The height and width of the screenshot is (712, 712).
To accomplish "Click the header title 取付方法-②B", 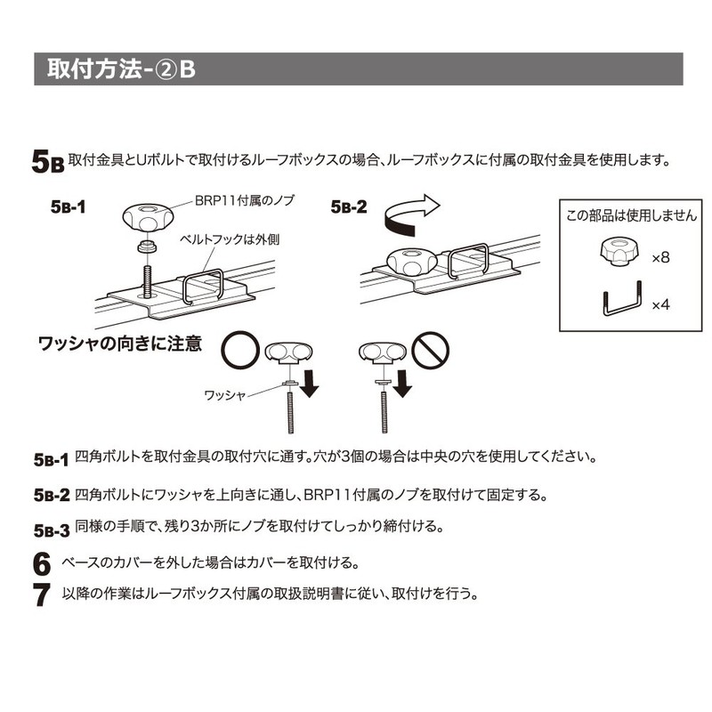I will tap(120, 69).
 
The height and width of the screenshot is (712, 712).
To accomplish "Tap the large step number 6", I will tap(40, 564).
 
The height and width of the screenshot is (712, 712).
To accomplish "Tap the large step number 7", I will tap(40, 594).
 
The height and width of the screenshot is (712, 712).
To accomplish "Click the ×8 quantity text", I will tap(659, 257).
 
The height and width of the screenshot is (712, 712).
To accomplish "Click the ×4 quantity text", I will tap(659, 304).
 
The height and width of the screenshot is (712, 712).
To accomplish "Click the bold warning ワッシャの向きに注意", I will tap(118, 342).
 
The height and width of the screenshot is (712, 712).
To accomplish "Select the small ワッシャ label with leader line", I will tap(224, 392).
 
